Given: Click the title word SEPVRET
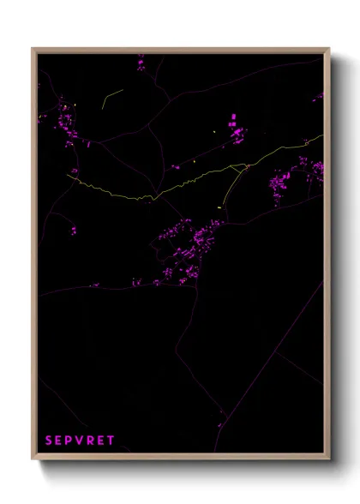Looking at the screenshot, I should point(80,441).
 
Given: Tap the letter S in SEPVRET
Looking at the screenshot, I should point(49,441).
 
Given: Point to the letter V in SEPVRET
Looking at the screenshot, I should point(80,441).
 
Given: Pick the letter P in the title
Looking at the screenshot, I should point(69,441).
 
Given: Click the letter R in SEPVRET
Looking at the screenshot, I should point(90,441).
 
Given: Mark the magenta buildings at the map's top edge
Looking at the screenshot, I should point(141,62).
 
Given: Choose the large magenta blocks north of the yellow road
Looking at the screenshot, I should point(234,128).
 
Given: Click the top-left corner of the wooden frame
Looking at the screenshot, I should point(33,49).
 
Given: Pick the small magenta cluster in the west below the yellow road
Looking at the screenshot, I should point(72,230).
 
